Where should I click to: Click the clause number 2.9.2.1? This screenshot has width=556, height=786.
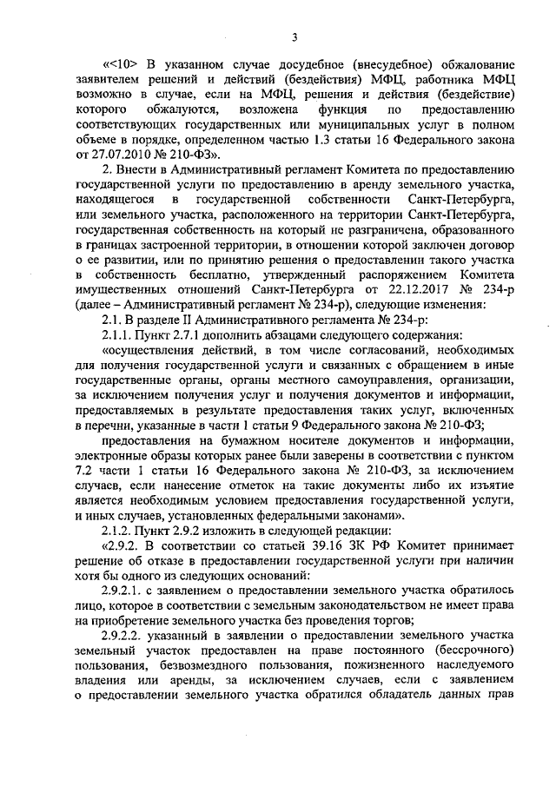click(x=125, y=582)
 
